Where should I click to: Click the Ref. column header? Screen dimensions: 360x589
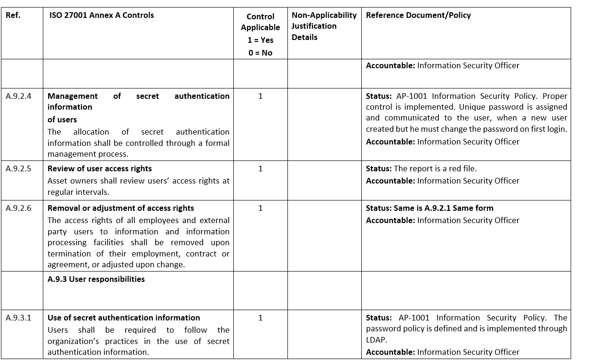pyautogui.click(x=13, y=15)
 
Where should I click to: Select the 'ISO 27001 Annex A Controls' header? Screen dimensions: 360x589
pyautogui.click(x=102, y=15)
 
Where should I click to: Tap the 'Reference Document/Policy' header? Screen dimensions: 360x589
pyautogui.click(x=418, y=15)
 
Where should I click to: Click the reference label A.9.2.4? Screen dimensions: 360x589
pyautogui.click(x=19, y=96)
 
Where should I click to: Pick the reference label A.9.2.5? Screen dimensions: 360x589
pyautogui.click(x=19, y=169)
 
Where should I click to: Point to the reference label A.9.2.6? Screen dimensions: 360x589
pyautogui.click(x=19, y=208)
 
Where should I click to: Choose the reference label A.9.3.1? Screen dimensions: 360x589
pyautogui.click(x=19, y=318)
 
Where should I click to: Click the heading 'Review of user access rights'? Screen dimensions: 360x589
pyautogui.click(x=100, y=169)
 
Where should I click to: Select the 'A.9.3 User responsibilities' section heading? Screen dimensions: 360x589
pyautogui.click(x=96, y=279)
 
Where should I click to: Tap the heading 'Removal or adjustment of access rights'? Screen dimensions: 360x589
pyautogui.click(x=121, y=208)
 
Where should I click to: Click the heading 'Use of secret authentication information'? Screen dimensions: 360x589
pyautogui.click(x=124, y=318)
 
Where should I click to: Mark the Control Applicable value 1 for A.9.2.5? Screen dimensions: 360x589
pyautogui.click(x=261, y=169)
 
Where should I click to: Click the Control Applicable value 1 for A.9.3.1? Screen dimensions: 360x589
pyautogui.click(x=261, y=318)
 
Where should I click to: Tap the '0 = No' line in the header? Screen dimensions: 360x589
pyautogui.click(x=261, y=53)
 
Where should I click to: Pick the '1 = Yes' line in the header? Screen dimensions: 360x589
pyautogui.click(x=261, y=40)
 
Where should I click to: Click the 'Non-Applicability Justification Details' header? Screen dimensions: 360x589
pyautogui.click(x=324, y=26)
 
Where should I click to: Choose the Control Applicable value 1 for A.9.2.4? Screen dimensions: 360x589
pyautogui.click(x=261, y=96)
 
